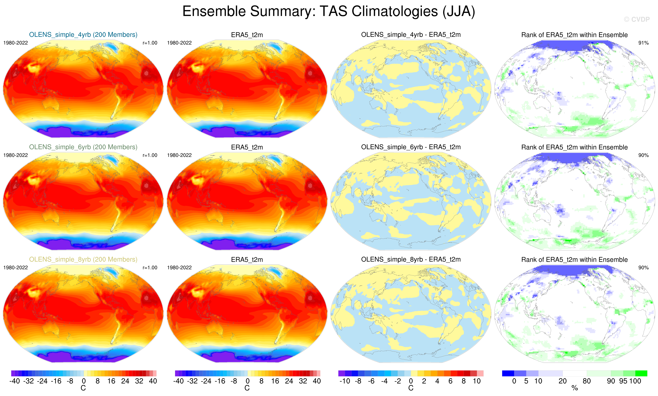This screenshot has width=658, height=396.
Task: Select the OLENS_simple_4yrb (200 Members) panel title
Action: click(83, 35)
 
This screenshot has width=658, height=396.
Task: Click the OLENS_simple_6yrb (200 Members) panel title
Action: click(83, 147)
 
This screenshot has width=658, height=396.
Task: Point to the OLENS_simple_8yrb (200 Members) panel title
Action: click(83, 259)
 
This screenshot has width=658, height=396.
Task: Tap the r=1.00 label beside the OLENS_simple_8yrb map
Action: click(150, 268)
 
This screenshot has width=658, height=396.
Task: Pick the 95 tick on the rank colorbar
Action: click(623, 381)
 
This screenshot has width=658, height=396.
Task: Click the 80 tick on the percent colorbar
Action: click(587, 381)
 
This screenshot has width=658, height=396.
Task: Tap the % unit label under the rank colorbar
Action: click(575, 388)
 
